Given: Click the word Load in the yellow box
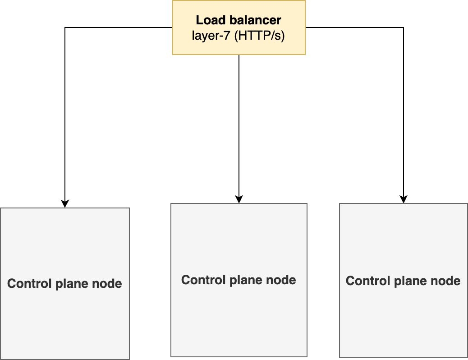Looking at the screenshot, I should pos(209,20).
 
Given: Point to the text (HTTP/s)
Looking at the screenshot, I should pos(260,36).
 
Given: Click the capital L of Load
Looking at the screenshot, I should pos(199,20).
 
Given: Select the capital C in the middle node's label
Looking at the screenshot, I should pos(185,280).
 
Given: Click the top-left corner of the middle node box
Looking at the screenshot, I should pos(171,204).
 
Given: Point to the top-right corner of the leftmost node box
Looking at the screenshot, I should pos(129,208).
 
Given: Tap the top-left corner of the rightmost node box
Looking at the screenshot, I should pos(340,204).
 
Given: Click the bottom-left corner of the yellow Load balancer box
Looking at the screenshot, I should pos(173,54).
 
